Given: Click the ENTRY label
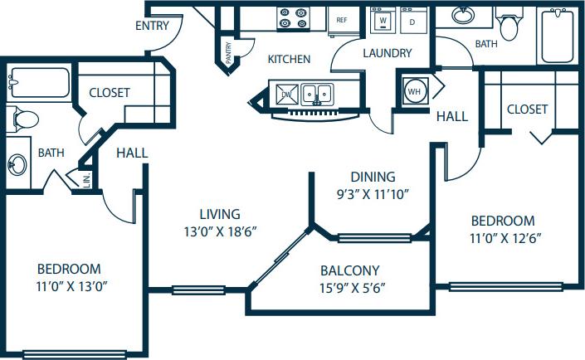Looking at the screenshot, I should coord(152,26).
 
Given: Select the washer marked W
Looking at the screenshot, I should coord(383,21).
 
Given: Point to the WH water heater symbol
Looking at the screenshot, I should coord(414,90).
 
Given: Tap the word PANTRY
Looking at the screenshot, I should coord(229,52).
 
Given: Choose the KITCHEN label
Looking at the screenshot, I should coord(289,60).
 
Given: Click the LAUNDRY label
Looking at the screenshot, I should coord(387,54).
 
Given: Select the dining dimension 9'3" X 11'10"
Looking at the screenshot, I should coord(373,195).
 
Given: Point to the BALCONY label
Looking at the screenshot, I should coord(350,270).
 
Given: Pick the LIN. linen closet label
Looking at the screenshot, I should coord(86,178).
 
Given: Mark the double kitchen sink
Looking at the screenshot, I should coord(317,92).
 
